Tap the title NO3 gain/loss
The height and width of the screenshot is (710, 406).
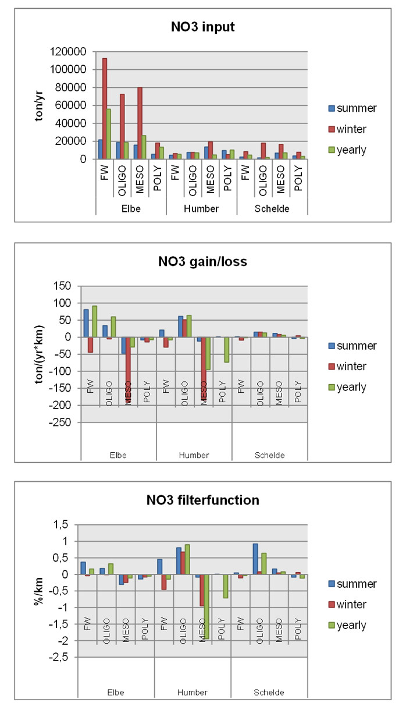coord(202,261)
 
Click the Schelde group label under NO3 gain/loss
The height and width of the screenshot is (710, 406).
coord(269,455)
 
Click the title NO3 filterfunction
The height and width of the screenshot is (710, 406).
coord(202,499)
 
